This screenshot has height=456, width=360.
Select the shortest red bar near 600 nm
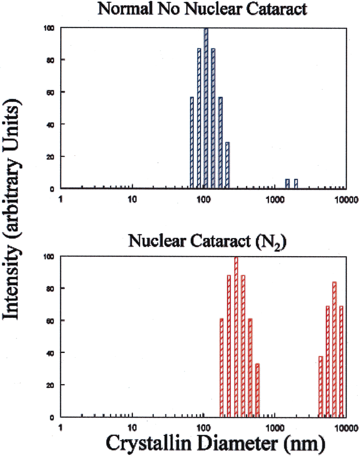[257, 390]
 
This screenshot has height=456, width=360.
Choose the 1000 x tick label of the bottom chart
[274, 427]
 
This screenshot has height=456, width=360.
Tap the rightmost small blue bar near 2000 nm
[296, 183]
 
